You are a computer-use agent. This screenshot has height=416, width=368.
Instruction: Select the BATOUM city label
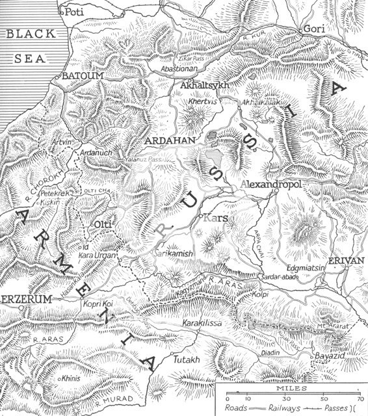click(80, 77)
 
